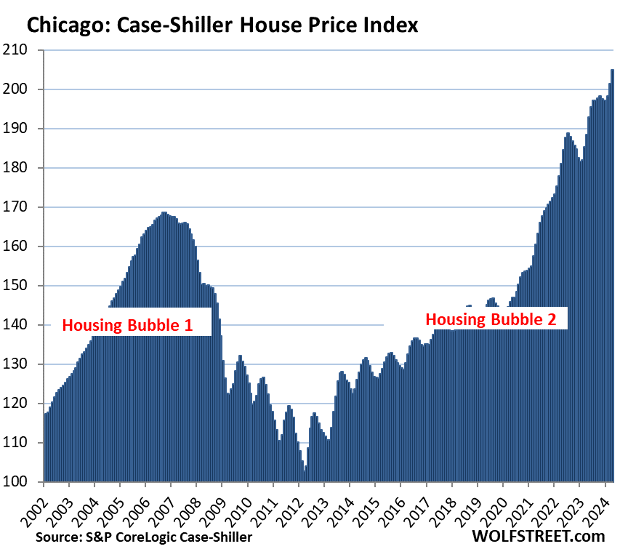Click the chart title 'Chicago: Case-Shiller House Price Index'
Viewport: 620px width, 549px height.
222,26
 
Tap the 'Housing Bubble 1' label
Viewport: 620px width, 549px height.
127,325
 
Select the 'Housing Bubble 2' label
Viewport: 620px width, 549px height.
495,319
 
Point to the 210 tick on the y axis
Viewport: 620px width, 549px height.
25,50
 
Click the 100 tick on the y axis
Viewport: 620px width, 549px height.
25,481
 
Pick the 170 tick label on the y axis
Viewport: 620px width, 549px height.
25,207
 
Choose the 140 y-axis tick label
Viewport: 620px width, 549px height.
25,325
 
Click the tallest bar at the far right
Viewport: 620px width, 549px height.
612,276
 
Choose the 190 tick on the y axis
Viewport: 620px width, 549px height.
25,129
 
